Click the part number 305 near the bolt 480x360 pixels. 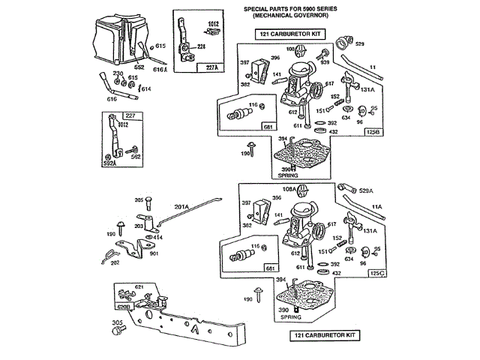117,322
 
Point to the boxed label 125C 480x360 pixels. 377,274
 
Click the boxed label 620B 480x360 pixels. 122,306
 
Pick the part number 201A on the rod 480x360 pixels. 182,206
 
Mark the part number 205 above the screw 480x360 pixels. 139,199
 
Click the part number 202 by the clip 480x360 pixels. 115,262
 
